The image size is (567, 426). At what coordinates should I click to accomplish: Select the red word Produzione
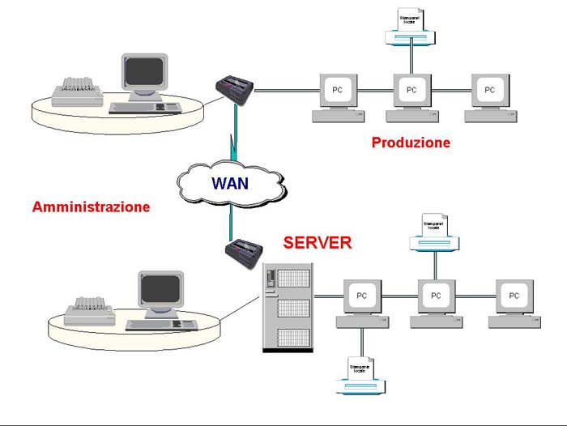411,143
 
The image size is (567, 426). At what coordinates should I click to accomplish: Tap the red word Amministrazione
91,207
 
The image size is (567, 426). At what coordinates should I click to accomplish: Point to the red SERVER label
317,242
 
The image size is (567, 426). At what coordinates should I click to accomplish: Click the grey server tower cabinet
288,307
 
